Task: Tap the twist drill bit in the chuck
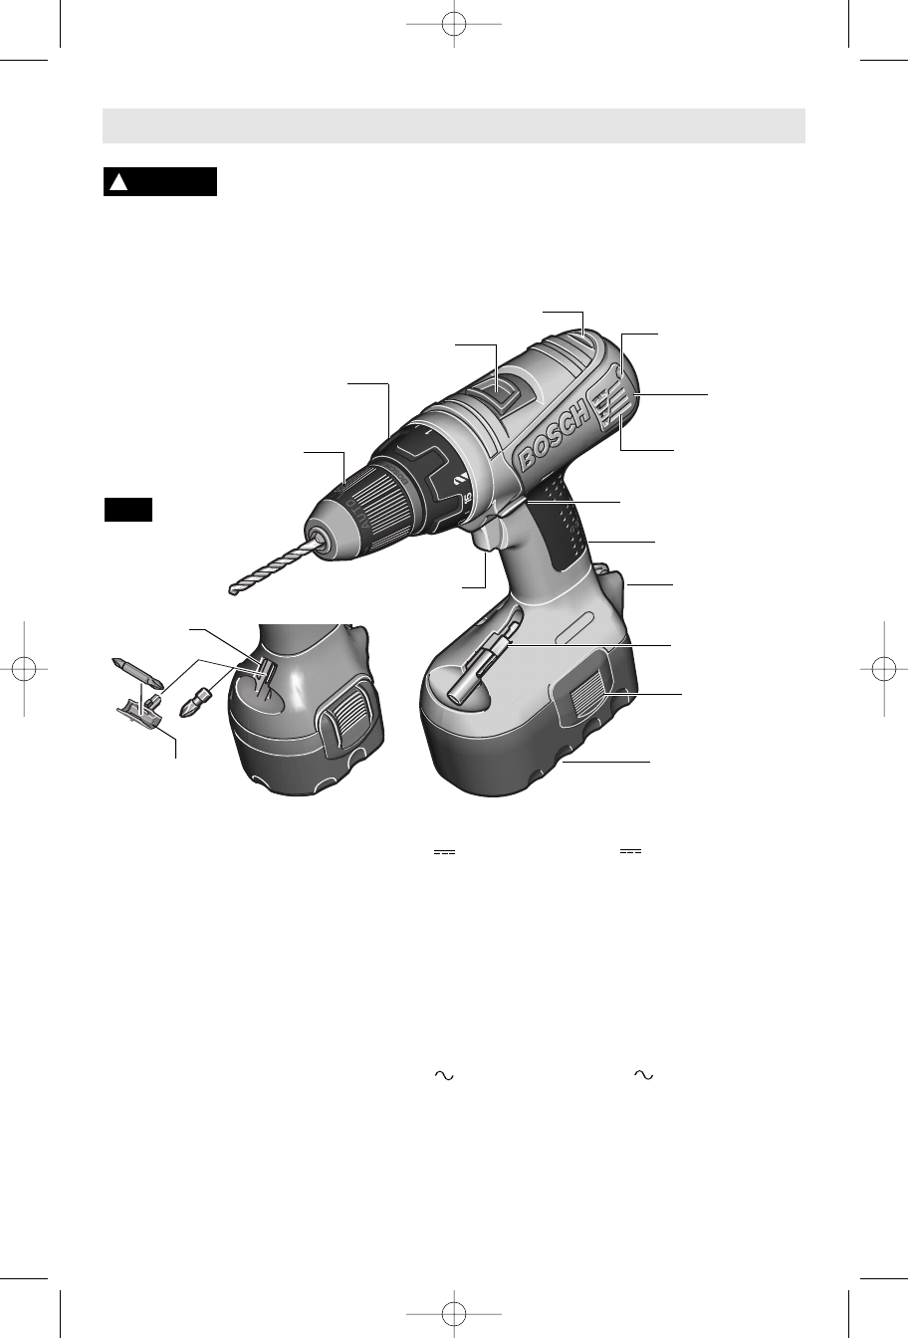273,565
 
